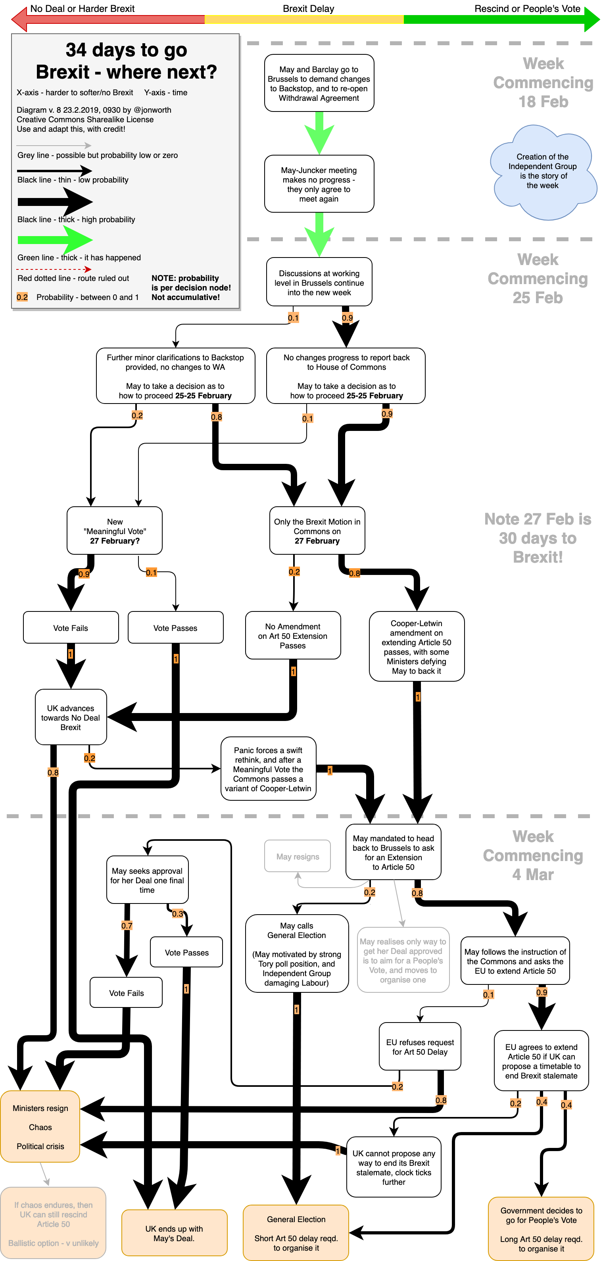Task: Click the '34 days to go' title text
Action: tap(126, 50)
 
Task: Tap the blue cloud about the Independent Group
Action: tap(542, 171)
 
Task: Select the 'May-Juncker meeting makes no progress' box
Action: tap(319, 184)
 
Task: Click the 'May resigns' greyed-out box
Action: tap(298, 857)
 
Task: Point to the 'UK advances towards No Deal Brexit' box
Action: tap(71, 718)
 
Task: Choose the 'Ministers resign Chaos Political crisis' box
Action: tap(40, 1127)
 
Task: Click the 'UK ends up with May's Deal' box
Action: tap(174, 1233)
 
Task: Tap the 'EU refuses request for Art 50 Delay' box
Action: tap(420, 1047)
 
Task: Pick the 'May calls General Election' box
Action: tap(297, 953)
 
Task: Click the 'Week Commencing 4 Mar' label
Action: tap(533, 855)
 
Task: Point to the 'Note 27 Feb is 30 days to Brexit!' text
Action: tap(538, 538)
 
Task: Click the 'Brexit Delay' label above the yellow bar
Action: tap(308, 9)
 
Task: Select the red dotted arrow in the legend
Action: tap(54, 269)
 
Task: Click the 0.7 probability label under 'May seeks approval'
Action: tap(127, 926)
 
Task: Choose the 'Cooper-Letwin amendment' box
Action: tap(417, 647)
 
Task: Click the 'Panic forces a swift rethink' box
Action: tap(268, 769)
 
